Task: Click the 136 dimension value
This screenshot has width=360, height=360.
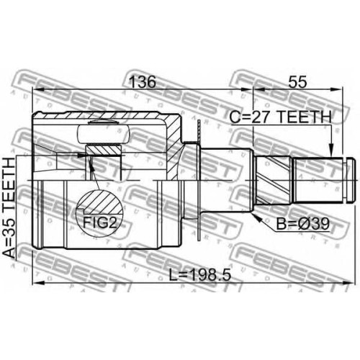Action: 143,82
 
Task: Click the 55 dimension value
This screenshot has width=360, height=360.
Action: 297,82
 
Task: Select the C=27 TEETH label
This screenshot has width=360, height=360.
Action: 280,117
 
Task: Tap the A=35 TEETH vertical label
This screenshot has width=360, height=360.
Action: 9,208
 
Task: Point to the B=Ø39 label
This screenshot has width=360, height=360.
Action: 303,225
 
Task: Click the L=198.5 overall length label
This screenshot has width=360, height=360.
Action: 200,275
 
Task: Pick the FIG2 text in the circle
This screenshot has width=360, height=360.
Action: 100,222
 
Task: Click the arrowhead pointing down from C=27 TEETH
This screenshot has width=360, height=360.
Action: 331,150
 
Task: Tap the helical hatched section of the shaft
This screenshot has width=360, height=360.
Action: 273,180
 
